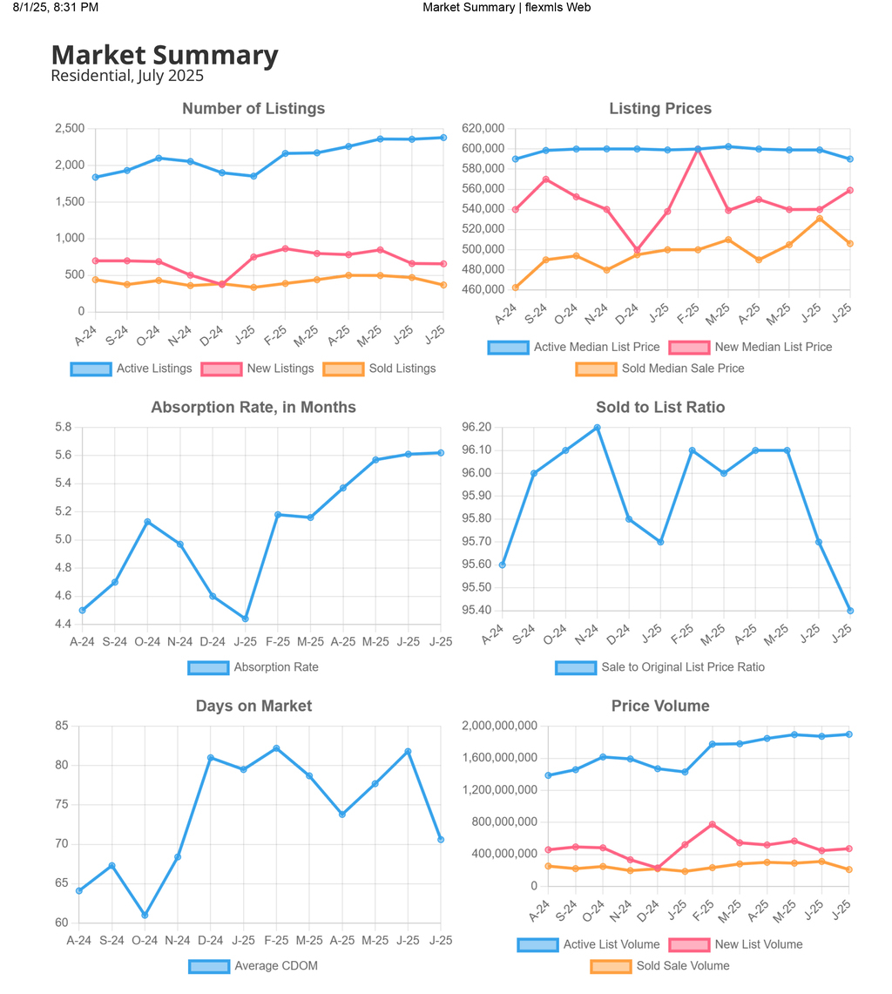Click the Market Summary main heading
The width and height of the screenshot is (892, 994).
[x=165, y=55]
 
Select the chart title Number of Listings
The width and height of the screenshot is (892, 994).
[x=253, y=108]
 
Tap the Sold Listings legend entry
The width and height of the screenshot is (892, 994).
[x=380, y=369]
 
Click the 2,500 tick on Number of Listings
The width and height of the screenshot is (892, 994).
[x=70, y=128]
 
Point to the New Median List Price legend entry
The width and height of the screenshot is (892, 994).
[x=751, y=347]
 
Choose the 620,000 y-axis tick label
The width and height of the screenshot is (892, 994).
[x=483, y=128]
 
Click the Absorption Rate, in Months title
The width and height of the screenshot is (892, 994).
[x=253, y=407]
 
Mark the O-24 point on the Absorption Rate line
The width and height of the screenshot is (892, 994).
[x=148, y=522]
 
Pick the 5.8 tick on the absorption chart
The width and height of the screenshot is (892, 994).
[x=64, y=427]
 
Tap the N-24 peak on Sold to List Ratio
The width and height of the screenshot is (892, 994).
[x=598, y=428]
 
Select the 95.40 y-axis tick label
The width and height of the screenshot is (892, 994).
[x=476, y=610]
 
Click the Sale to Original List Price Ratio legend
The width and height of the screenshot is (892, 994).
[x=660, y=667]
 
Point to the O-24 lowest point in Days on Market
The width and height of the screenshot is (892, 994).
[x=145, y=915]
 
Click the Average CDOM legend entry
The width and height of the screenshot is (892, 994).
[x=253, y=965]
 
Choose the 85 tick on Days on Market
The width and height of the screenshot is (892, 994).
[x=62, y=725]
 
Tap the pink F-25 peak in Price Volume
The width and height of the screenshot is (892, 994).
[x=713, y=824]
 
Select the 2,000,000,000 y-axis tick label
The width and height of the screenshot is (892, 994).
[x=499, y=725]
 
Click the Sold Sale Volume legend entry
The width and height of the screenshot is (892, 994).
[x=660, y=965]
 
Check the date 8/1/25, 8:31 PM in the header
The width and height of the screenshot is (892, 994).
[x=56, y=8]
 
